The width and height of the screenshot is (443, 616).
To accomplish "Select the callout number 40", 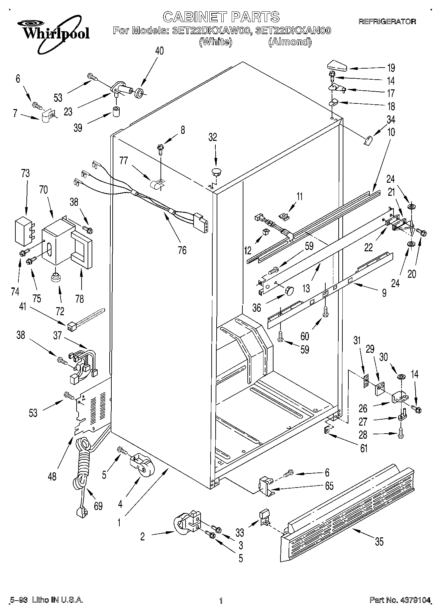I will tap(159, 51).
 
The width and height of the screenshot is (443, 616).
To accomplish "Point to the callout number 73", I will tap(25, 173).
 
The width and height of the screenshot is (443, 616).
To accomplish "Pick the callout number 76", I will tap(182, 250).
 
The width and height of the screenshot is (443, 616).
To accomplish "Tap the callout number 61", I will tap(363, 448).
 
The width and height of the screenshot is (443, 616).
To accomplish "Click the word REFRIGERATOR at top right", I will tap(387, 21).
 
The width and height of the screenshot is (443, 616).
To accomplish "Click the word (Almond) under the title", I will tap(290, 42).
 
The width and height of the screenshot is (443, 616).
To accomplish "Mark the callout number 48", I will tap(52, 476).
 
